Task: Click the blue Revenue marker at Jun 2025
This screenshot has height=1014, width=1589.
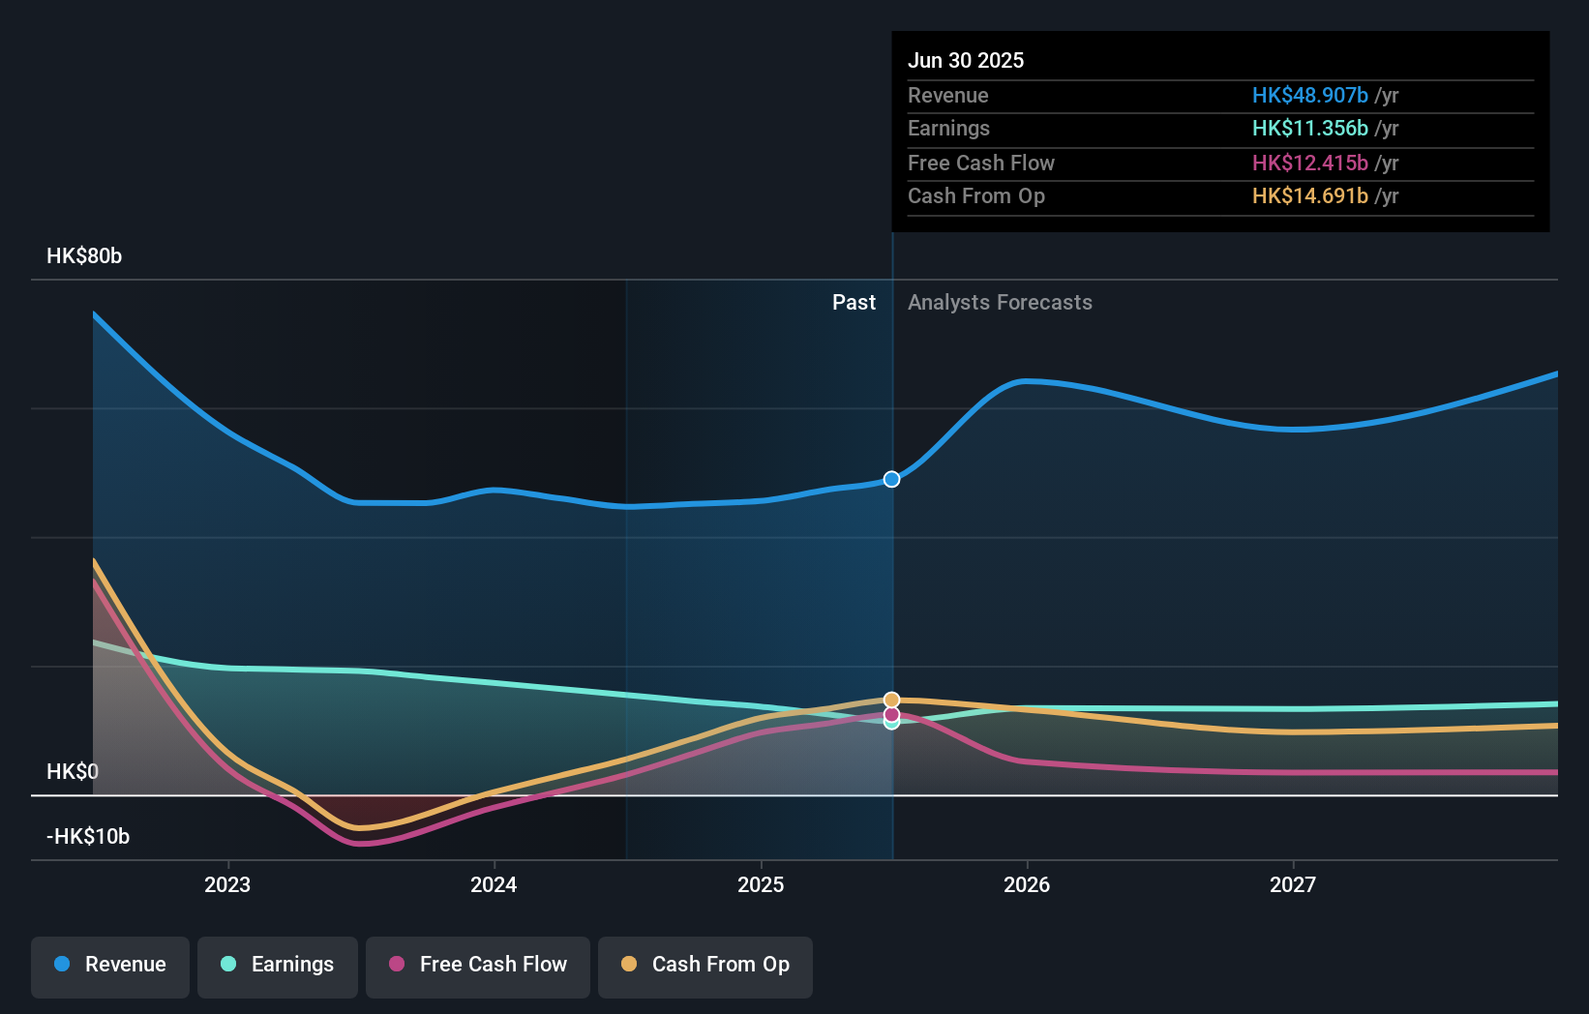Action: click(x=891, y=479)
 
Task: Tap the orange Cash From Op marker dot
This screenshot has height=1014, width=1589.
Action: click(x=891, y=700)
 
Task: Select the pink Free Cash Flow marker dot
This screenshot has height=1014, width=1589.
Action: click(x=891, y=714)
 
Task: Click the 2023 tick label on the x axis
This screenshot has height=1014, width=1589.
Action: click(x=227, y=884)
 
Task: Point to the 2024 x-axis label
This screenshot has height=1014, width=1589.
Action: click(x=494, y=884)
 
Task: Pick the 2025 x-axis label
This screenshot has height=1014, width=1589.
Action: click(x=761, y=884)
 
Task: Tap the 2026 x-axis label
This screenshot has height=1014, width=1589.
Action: click(x=1027, y=884)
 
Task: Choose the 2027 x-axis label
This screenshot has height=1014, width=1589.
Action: click(x=1293, y=884)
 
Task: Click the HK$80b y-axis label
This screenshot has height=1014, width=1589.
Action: click(x=84, y=256)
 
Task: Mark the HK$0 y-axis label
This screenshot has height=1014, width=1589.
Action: click(x=73, y=771)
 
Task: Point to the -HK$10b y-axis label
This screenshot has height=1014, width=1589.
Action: click(x=88, y=836)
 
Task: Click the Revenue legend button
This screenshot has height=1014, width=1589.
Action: click(x=110, y=965)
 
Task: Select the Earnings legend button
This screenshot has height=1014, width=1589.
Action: click(x=278, y=965)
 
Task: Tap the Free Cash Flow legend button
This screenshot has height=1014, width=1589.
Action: click(x=478, y=965)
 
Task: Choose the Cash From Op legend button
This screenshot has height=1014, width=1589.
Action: click(x=705, y=965)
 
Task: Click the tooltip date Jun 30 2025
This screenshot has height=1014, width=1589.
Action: click(x=966, y=60)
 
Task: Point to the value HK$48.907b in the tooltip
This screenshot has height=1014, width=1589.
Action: click(x=1309, y=95)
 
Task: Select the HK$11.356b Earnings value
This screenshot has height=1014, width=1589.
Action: click(x=1309, y=129)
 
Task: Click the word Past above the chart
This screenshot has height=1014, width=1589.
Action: click(x=854, y=303)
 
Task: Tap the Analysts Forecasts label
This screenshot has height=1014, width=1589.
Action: click(x=1000, y=303)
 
